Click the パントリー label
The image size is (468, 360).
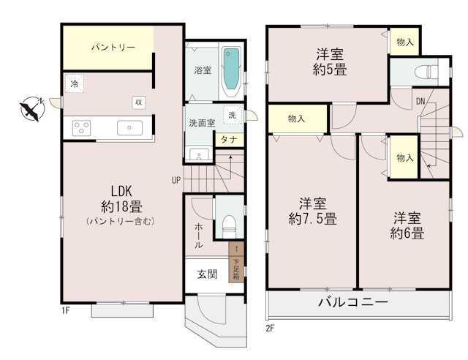(113, 48)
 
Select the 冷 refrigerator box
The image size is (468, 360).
(75, 85)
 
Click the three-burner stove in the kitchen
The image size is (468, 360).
(81, 128)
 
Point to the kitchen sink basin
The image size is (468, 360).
(132, 127)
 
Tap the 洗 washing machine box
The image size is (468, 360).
(232, 115)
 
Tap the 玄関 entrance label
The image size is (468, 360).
(207, 275)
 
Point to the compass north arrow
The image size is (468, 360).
(31, 109)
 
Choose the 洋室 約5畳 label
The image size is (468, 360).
(331, 62)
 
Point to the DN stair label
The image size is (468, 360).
(421, 101)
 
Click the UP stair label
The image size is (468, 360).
(176, 179)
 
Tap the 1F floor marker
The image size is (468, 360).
(65, 311)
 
